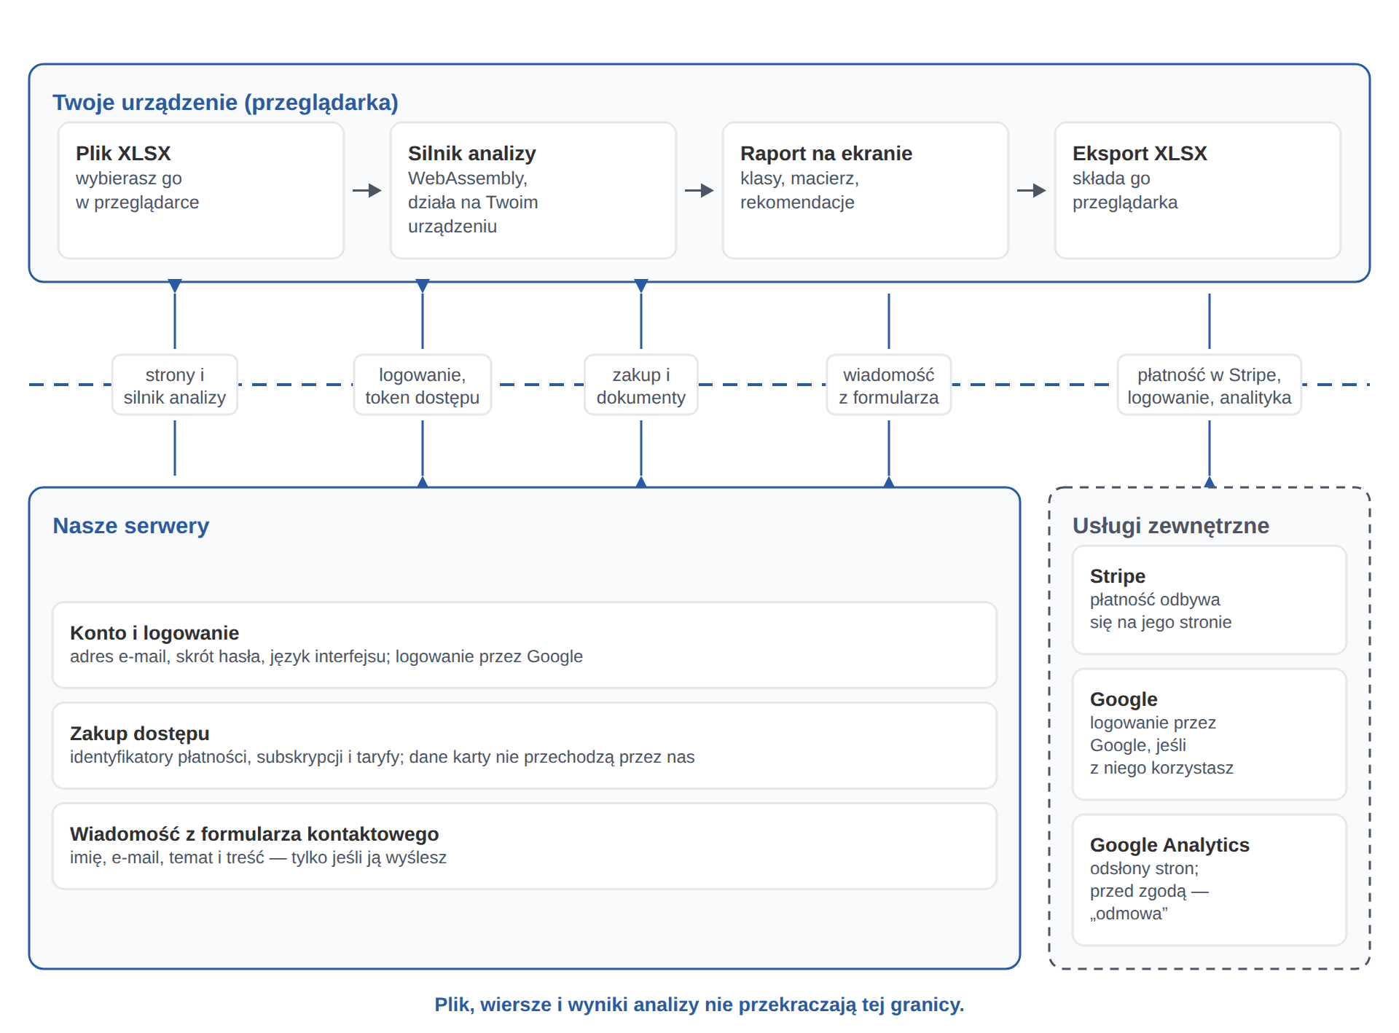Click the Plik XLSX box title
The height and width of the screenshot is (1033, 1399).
(x=123, y=154)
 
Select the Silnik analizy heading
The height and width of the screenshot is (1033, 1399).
(x=471, y=154)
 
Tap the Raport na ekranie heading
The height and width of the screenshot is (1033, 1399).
(x=826, y=154)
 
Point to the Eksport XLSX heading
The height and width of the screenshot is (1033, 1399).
(x=1140, y=154)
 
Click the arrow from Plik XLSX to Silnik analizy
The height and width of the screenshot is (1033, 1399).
(x=367, y=190)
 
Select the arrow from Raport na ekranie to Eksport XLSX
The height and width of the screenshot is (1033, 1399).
(x=1032, y=190)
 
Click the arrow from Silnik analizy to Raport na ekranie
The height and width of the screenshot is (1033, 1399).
(x=699, y=190)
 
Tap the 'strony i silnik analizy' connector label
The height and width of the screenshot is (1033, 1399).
(x=175, y=385)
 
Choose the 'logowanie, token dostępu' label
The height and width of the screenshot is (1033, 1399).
(x=423, y=385)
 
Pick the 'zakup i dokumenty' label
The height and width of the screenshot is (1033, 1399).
(x=641, y=385)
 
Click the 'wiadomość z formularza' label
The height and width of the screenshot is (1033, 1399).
(x=889, y=385)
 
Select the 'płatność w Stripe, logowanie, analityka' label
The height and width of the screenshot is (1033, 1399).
(x=1210, y=385)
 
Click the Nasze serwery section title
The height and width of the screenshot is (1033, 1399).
(x=131, y=526)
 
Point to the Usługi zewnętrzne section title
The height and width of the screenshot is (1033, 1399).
(x=1171, y=526)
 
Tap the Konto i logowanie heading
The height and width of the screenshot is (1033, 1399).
(x=154, y=633)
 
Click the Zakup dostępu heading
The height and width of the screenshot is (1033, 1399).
(x=140, y=734)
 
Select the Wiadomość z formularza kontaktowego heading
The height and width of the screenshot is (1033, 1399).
(x=254, y=834)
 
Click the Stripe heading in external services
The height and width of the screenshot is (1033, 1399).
(x=1118, y=576)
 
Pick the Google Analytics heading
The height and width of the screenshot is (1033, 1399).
(x=1169, y=845)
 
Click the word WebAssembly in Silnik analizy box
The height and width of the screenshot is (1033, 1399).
(x=467, y=179)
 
